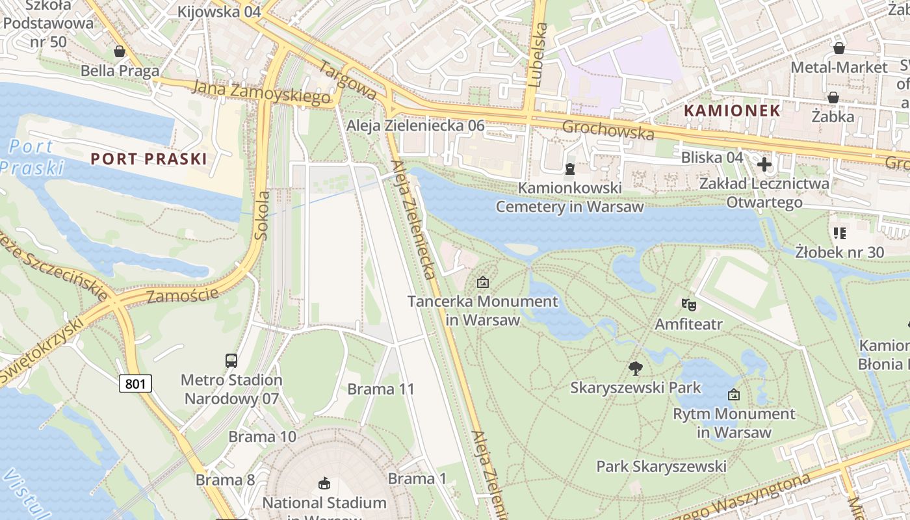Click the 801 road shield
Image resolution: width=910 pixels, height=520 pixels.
click(135, 383)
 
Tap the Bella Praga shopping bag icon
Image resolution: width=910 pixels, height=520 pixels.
click(120, 51)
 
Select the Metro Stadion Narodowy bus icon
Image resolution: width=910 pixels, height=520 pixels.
click(231, 360)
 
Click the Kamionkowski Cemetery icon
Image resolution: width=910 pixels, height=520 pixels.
click(570, 169)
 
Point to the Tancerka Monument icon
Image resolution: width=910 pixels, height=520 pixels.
click(482, 282)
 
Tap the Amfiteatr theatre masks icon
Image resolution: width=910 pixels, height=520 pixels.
click(688, 304)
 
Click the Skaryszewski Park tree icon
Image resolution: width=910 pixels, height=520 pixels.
click(635, 369)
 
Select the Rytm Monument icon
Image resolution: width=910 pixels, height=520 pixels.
click(734, 394)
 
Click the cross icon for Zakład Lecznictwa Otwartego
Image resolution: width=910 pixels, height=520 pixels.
click(764, 164)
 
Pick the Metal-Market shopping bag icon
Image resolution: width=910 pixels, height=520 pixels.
click(839, 48)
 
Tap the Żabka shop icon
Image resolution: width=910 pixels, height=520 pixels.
click(833, 97)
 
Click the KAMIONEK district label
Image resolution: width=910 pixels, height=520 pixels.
click(731, 110)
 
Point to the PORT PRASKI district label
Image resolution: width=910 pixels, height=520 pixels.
click(149, 159)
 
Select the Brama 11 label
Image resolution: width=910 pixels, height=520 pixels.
click(381, 389)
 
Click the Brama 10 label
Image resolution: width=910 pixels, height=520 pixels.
click(263, 437)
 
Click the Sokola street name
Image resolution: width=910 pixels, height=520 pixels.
click(263, 214)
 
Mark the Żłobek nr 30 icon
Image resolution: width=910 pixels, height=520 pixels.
click(839, 233)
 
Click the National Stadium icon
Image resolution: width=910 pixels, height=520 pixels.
click(324, 483)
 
